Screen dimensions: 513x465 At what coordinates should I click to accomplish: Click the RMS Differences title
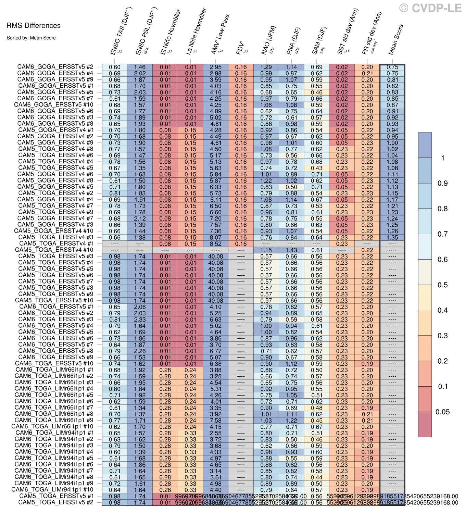[33, 26]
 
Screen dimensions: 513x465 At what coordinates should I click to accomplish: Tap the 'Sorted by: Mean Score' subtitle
[31, 38]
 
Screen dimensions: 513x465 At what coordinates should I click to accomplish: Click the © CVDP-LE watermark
[430, 8]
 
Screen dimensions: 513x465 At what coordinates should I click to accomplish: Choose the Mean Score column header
[396, 39]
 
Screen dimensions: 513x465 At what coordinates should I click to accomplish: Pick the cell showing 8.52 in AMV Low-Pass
[216, 244]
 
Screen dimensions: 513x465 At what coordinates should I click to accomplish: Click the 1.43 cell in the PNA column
[291, 250]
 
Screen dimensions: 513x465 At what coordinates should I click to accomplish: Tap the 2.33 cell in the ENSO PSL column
[140, 320]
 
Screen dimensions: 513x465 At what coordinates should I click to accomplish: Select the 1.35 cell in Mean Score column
[392, 238]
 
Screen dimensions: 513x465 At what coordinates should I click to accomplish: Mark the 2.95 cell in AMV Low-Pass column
[216, 67]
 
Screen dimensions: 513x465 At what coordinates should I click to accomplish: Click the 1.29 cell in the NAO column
[266, 67]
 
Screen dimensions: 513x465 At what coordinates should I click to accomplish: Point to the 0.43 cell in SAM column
[317, 168]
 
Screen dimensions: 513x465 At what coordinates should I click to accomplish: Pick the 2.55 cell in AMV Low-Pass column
[216, 433]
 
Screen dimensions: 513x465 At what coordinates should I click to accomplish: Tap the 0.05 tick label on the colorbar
[442, 412]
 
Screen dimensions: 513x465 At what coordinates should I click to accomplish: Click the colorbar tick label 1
[442, 158]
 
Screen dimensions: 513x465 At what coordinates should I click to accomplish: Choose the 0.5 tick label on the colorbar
[442, 285]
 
